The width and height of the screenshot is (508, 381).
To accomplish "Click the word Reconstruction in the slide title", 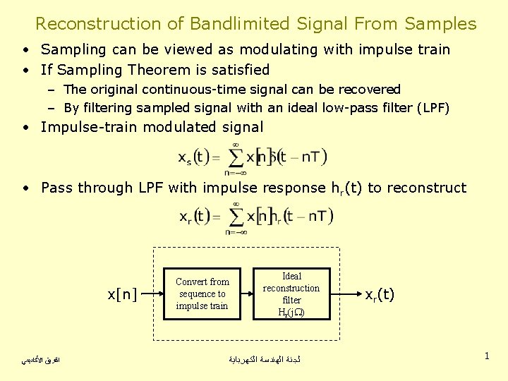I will click(x=98, y=23).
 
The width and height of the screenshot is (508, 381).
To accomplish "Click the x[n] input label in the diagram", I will click(x=122, y=294).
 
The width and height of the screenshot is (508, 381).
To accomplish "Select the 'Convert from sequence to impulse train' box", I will click(x=202, y=294).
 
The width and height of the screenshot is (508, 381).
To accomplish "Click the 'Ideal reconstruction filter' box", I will click(x=291, y=294).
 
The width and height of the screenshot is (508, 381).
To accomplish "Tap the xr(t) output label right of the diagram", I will click(x=379, y=294).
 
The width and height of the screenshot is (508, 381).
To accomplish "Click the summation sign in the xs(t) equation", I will click(x=235, y=157).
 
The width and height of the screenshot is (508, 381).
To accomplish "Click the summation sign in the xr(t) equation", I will click(x=235, y=216).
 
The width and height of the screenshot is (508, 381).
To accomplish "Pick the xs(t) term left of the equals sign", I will click(x=194, y=157).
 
